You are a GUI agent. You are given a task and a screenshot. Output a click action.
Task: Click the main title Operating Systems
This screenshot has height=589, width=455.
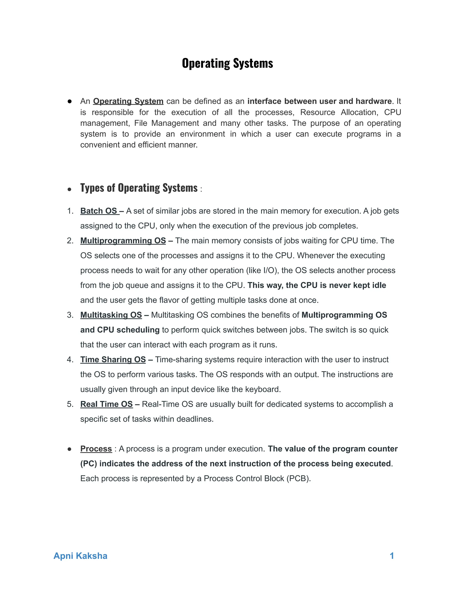227,63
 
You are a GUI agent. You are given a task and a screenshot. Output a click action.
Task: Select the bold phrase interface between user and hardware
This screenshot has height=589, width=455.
319,101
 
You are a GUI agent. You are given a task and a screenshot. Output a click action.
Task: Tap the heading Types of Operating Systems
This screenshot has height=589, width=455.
139,188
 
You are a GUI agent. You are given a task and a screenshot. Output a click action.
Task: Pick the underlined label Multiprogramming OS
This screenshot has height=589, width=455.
123,240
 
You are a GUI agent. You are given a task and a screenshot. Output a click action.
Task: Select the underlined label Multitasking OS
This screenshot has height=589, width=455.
111,315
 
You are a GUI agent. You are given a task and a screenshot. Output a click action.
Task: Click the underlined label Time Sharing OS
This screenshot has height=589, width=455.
113,359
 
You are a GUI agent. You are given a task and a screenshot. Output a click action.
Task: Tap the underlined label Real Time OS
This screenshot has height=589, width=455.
106,404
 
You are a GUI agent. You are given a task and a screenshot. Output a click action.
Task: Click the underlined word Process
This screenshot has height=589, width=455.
96,449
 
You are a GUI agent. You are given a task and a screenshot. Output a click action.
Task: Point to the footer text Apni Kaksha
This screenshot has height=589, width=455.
80,556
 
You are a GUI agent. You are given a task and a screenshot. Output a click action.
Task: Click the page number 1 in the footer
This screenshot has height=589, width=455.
392,556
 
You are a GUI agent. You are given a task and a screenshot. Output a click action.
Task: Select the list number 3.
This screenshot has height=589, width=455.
70,315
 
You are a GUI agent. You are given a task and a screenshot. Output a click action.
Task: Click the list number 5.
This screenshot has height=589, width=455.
70,404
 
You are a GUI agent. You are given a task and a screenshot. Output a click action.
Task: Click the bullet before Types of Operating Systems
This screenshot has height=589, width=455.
70,189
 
